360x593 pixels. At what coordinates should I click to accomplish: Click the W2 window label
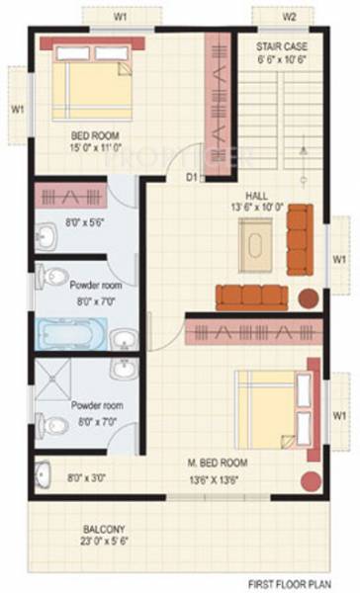290,17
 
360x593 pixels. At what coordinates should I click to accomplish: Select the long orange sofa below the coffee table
251,295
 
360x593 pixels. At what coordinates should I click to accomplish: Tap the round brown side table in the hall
309,296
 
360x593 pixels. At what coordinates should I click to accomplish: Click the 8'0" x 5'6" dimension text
83,224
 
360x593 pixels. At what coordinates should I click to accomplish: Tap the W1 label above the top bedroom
120,17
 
